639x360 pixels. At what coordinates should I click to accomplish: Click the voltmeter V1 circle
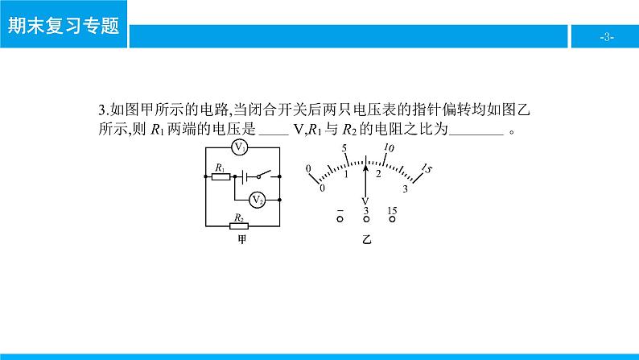coord(240,147)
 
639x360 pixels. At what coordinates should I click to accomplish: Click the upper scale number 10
coord(389,149)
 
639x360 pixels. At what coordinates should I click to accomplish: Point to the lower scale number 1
coord(345,174)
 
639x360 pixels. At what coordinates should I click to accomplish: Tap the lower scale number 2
coord(378,174)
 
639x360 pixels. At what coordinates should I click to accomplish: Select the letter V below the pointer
coord(365,201)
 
